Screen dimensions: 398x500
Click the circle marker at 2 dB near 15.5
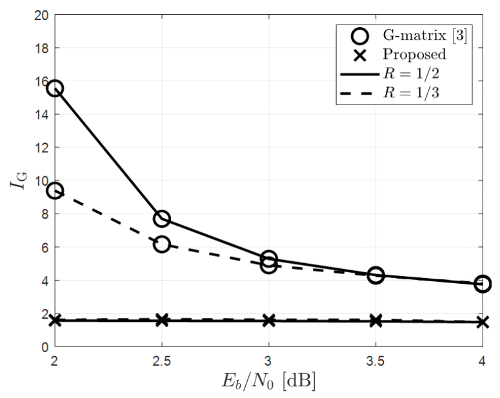click(x=55, y=88)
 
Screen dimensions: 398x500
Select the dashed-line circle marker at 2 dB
click(x=55, y=191)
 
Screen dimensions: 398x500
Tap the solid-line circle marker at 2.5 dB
click(x=162, y=219)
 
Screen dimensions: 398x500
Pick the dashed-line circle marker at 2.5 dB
click(x=162, y=244)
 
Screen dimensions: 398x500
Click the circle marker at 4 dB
click(x=483, y=284)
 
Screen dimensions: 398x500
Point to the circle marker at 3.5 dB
click(x=375, y=275)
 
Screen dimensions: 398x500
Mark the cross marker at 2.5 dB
click(x=162, y=320)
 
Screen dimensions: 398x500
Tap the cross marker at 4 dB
click(x=483, y=321)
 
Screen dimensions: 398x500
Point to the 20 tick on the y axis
click(x=41, y=15)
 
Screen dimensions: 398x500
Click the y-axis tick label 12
click(x=41, y=148)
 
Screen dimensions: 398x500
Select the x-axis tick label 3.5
click(x=375, y=359)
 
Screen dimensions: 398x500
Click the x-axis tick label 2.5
click(x=162, y=359)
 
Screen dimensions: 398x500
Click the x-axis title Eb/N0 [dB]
click(x=268, y=381)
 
